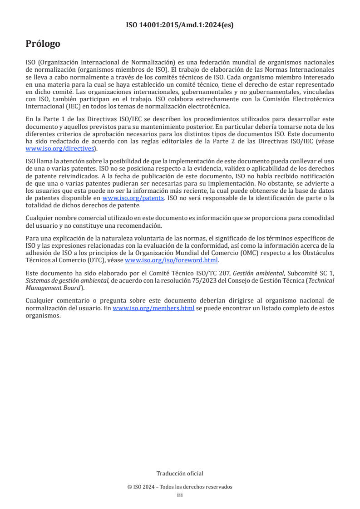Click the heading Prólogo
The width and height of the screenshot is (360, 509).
[43, 44]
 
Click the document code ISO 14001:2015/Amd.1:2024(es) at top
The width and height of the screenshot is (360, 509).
[180, 25]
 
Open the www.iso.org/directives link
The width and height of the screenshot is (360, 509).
[59, 148]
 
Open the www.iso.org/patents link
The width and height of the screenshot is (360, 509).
[133, 198]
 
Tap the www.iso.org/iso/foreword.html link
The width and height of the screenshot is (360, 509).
[171, 260]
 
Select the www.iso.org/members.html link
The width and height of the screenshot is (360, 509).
[153, 308]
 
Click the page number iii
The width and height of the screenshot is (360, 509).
[180, 495]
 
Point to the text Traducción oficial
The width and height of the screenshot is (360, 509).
[180, 473]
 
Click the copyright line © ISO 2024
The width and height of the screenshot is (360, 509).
[180, 487]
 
